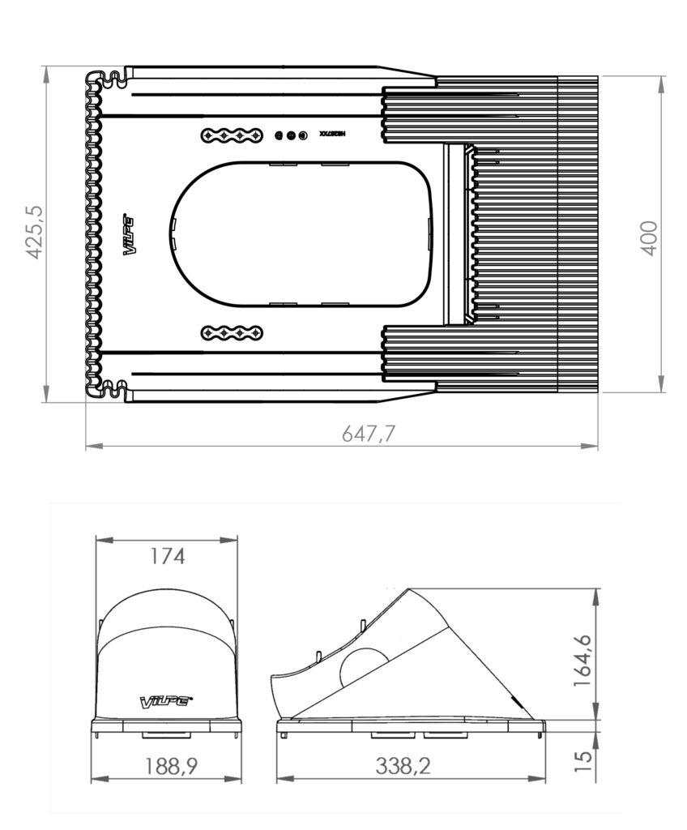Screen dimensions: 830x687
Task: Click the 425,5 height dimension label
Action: tap(34, 232)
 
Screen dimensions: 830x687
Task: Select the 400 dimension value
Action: tap(649, 237)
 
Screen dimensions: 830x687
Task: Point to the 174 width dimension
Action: tap(168, 557)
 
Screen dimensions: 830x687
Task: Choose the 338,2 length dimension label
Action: tap(403, 766)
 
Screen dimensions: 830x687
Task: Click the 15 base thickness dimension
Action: tap(583, 759)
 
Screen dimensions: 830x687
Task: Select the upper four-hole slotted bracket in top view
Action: tap(232, 135)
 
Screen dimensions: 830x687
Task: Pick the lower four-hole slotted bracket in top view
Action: tap(232, 332)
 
